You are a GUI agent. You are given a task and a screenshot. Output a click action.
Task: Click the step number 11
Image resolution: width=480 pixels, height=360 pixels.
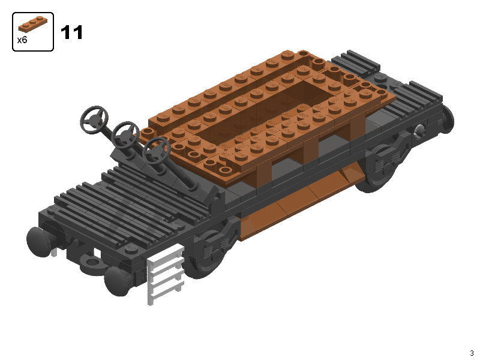tap(72, 32)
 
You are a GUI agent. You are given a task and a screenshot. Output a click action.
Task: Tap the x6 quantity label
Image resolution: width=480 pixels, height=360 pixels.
tap(22, 40)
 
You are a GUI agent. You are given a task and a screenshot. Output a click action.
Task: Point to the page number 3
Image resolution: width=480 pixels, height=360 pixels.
tap(472, 353)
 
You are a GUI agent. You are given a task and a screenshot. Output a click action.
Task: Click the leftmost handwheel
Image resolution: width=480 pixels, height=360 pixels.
tap(95, 119)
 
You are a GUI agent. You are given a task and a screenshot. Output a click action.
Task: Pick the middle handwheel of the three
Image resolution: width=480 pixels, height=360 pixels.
tap(125, 134)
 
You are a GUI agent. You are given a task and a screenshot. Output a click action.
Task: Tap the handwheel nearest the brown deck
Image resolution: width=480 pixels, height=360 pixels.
tap(157, 151)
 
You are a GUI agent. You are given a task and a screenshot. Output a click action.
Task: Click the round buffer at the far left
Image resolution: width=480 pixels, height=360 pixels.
tap(38, 242)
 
